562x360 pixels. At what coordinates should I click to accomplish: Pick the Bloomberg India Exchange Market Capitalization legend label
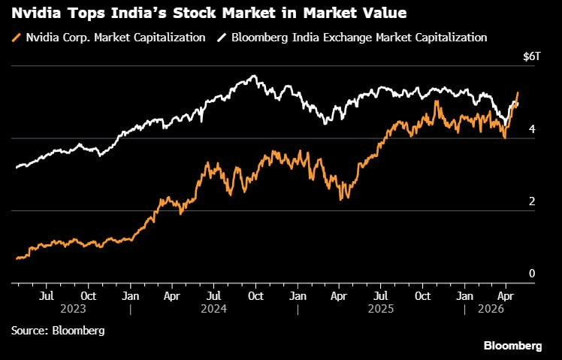coord(358,38)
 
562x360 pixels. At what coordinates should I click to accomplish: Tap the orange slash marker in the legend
coord(16,38)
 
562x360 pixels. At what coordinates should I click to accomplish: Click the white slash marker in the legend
coord(222,38)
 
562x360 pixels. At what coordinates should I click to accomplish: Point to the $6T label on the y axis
coord(531,57)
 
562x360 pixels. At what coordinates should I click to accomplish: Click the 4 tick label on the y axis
coord(532,129)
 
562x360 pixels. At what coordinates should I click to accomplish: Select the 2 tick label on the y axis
coord(532,201)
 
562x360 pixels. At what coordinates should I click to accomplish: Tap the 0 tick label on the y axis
coord(532,274)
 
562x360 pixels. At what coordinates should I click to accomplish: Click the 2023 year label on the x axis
coord(74,309)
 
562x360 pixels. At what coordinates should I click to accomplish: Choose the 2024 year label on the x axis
coord(214,309)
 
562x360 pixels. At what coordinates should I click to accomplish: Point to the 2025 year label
coord(381,309)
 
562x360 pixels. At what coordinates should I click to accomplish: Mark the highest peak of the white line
coord(255,75)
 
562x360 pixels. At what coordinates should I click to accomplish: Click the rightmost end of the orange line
coord(518,93)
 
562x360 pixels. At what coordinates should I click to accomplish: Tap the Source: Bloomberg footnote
coord(58,330)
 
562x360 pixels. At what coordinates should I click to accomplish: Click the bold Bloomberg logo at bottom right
coord(512,346)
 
